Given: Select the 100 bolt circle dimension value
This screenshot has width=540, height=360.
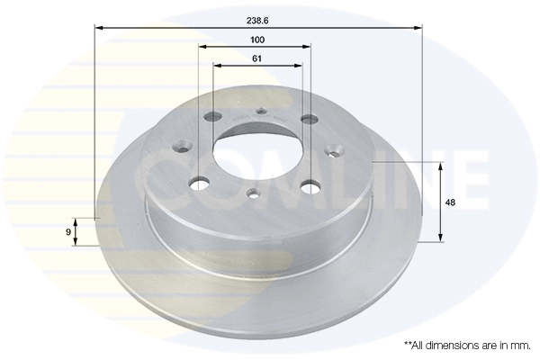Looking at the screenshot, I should coord(257,40).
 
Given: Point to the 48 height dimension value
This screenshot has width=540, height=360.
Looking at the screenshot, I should coord(449,202).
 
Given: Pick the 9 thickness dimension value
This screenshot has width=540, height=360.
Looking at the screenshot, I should coord(68,232).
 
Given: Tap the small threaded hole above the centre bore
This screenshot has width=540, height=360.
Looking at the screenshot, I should coord(260,112).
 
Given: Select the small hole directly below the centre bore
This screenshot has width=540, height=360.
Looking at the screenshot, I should coord(254,192).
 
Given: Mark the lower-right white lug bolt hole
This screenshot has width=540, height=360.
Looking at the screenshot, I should coord(311,185).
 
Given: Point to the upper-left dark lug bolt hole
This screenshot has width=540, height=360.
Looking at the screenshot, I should coord(212,118).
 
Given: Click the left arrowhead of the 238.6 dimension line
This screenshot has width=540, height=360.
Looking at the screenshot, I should coord(98,29).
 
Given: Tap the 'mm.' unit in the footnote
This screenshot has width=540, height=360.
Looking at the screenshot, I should coord(519,345).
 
